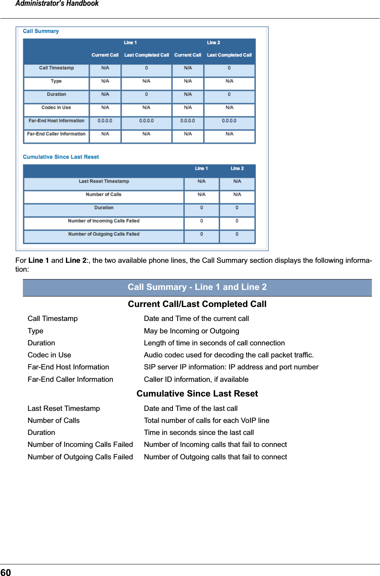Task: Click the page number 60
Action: pyautogui.click(x=6, y=572)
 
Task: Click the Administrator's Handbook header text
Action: pyautogui.click(x=57, y=4)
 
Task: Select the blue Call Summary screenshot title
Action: pyautogui.click(x=41, y=31)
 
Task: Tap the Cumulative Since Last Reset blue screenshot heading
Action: pyautogui.click(x=61, y=157)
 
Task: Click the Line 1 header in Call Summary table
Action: pyautogui.click(x=130, y=43)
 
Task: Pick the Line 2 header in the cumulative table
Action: pyautogui.click(x=237, y=169)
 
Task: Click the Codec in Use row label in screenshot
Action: pyautogui.click(x=56, y=108)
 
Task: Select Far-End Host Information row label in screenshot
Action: pyautogui.click(x=56, y=121)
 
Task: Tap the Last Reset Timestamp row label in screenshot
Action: pyautogui.click(x=104, y=181)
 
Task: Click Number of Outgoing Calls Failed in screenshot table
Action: pyautogui.click(x=104, y=234)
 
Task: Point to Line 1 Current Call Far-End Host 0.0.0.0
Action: pyautogui.click(x=105, y=121)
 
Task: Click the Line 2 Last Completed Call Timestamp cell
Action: pyautogui.click(x=229, y=68)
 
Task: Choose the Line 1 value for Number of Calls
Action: pyautogui.click(x=201, y=195)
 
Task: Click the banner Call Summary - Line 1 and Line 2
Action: pyautogui.click(x=197, y=287)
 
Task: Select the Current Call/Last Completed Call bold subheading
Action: pyautogui.click(x=197, y=304)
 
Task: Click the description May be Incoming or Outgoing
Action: pyautogui.click(x=191, y=331)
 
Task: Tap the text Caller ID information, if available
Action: pyautogui.click(x=196, y=379)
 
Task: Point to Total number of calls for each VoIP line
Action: pyautogui.click(x=206, y=421)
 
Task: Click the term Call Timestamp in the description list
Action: pyautogui.click(x=52, y=319)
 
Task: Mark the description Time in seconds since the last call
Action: pyautogui.click(x=199, y=433)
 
